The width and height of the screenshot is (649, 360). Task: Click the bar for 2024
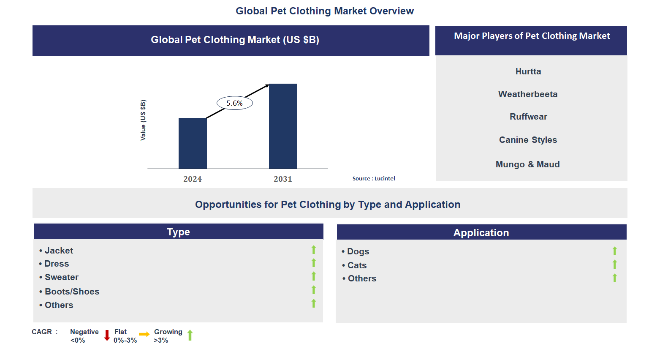(x=193, y=143)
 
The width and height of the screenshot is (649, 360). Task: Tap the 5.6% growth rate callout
(x=234, y=103)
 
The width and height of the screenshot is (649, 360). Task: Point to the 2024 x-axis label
(x=193, y=179)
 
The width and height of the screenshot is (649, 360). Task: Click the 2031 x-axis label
(x=283, y=179)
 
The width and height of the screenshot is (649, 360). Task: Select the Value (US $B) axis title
(x=143, y=120)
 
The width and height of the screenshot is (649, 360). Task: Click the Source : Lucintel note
(x=374, y=179)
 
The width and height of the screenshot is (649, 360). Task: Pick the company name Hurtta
(x=528, y=71)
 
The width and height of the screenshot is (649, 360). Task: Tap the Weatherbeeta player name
(x=528, y=94)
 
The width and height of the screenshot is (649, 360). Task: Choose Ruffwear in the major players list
(x=528, y=117)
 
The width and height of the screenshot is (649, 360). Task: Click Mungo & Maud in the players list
(x=528, y=164)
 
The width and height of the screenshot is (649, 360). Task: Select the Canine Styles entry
(x=528, y=140)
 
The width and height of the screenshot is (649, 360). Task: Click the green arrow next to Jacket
(x=314, y=250)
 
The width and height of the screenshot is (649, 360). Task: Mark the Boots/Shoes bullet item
(x=72, y=292)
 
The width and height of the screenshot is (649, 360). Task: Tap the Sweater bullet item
(x=62, y=277)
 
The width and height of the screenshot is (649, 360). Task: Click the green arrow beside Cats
(x=615, y=265)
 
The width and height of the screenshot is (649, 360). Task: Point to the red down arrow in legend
(x=107, y=335)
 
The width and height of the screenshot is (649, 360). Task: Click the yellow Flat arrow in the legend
(x=144, y=334)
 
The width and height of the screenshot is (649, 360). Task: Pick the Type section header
(x=178, y=232)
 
